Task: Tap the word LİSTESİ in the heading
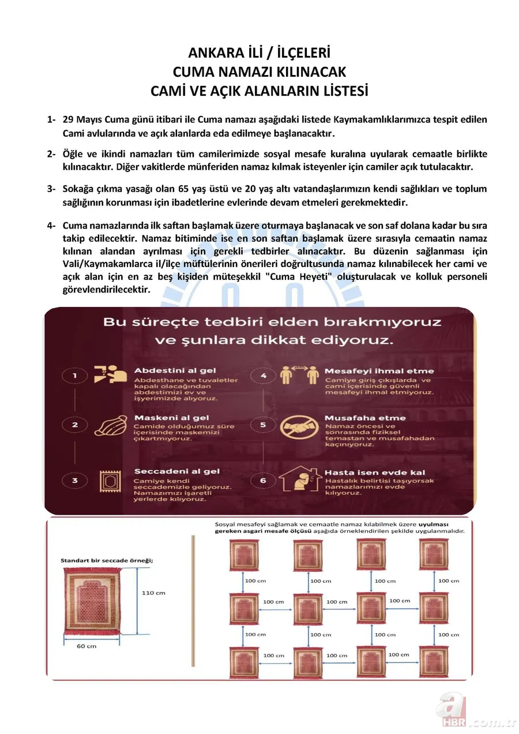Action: click(x=339, y=91)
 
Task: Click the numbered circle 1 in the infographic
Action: click(x=75, y=377)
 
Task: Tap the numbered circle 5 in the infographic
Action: click(x=262, y=426)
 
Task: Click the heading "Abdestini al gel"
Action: click(x=171, y=370)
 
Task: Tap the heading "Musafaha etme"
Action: click(x=364, y=417)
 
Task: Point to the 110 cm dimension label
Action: click(x=153, y=592)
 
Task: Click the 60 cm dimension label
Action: click(x=86, y=646)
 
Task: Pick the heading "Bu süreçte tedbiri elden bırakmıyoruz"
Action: click(x=272, y=321)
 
